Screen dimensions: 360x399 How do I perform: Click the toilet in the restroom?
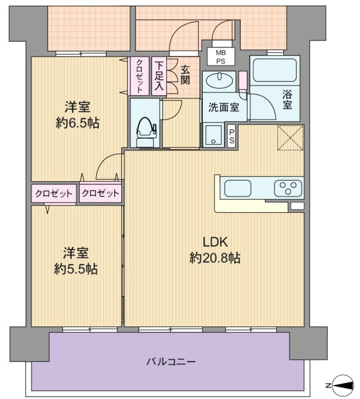146,132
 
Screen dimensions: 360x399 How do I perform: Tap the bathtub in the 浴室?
275,70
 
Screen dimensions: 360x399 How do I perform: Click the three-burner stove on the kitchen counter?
288,188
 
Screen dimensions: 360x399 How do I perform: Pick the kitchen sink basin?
238,188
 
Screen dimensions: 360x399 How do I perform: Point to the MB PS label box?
221,57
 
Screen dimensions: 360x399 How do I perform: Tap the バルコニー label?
171,361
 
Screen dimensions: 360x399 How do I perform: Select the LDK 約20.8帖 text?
215,250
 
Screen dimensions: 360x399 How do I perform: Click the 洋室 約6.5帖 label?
78,115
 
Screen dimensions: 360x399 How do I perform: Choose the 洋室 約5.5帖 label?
76,261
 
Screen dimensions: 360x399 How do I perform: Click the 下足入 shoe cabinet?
159,76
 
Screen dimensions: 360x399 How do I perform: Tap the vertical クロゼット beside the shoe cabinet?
139,76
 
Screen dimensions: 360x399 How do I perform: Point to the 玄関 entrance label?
185,75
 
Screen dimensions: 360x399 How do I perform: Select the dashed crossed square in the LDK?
291,137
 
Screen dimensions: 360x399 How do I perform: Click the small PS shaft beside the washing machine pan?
232,136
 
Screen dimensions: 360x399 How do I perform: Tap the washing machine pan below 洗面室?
214,135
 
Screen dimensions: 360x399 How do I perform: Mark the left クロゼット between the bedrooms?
54,193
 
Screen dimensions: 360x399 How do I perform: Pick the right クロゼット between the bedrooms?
100,193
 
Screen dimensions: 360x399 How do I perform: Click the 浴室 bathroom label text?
287,100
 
